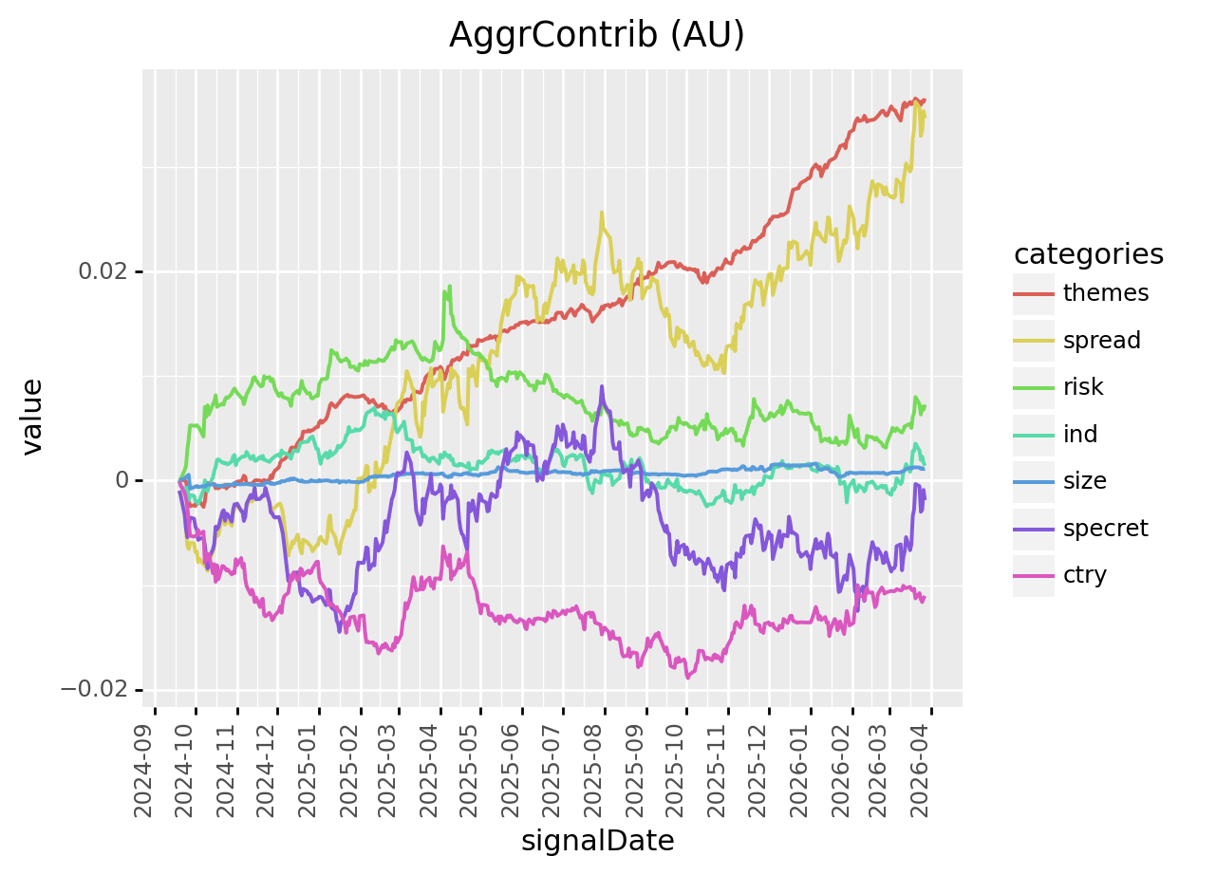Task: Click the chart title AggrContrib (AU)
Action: [596, 34]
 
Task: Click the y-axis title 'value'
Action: [33, 417]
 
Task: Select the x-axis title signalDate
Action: [597, 841]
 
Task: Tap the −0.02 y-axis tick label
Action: [95, 689]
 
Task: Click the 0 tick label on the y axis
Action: [122, 480]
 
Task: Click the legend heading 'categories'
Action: [1089, 253]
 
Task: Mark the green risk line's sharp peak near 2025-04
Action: [446, 287]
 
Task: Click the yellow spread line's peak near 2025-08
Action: [602, 213]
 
